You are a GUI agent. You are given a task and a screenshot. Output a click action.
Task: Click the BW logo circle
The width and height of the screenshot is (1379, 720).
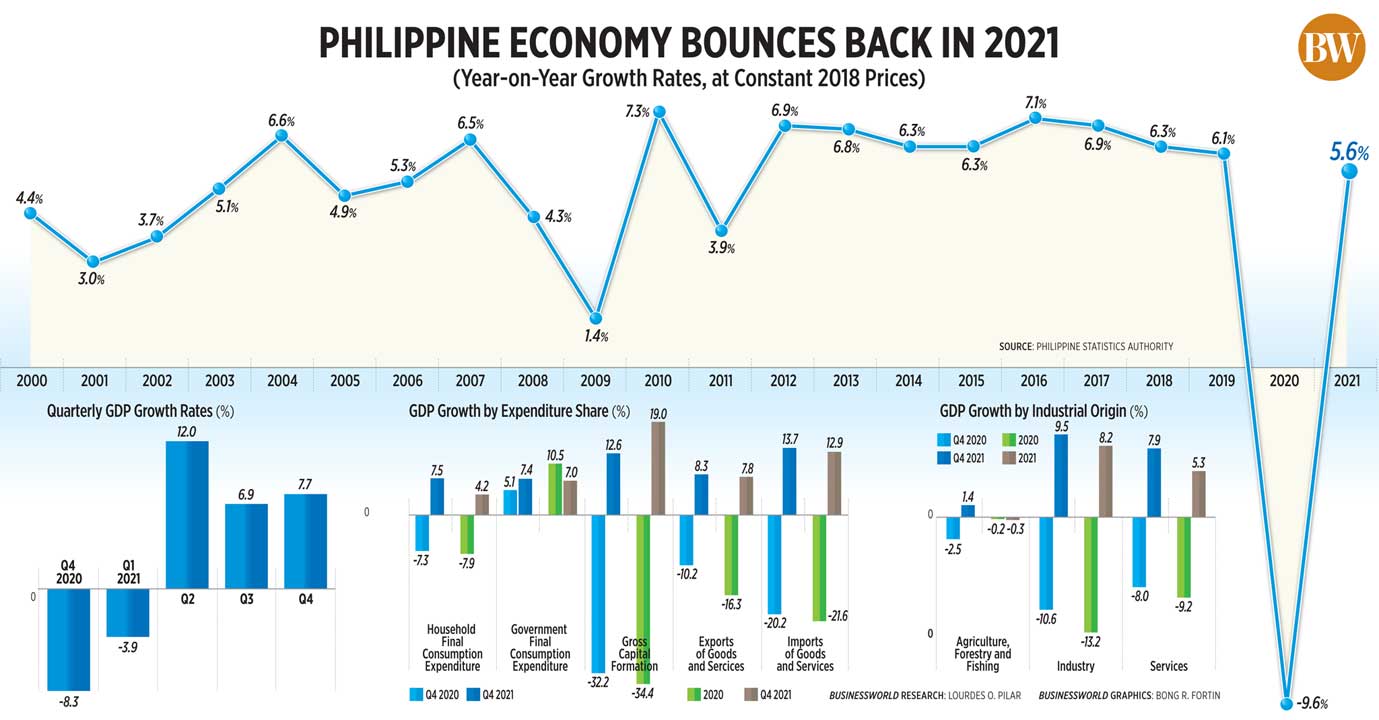coord(1331,46)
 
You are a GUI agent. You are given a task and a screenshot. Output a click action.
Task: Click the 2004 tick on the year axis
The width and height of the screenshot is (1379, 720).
coord(282,381)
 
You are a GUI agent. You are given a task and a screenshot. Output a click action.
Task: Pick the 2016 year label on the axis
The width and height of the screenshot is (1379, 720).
coord(1034,381)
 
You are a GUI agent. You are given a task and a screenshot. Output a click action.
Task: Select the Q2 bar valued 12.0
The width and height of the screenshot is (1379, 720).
coord(187,514)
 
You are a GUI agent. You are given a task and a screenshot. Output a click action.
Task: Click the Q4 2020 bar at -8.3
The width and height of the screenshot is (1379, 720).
coord(69,639)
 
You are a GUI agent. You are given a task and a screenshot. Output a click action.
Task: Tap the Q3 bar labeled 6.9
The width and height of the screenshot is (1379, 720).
coord(246,546)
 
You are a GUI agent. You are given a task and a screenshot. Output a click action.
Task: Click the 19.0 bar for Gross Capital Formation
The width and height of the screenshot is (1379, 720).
coord(658,468)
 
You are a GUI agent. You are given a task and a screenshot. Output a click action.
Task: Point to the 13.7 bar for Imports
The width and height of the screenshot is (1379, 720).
coord(788,481)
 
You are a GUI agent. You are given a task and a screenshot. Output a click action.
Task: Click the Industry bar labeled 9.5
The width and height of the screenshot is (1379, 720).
coord(1062,476)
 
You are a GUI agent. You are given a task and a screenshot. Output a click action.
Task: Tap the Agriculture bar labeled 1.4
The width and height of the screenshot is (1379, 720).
coord(967,510)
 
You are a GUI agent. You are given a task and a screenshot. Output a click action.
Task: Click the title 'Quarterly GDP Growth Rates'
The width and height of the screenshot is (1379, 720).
coord(132,411)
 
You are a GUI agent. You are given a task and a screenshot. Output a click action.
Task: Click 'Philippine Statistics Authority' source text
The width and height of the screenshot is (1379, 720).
coord(1107,346)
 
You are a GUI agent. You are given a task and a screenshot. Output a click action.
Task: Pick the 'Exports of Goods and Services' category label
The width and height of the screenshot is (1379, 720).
coord(715,654)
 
